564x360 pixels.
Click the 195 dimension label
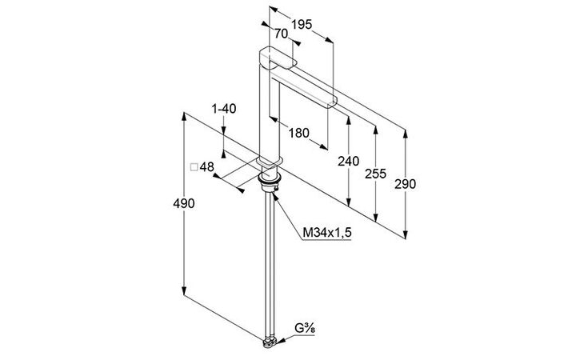point(302,25)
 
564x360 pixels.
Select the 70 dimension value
point(282,34)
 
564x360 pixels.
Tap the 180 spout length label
point(299,134)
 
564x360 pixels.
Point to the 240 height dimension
point(348,161)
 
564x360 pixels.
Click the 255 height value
point(375,174)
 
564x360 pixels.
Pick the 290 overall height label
point(405,184)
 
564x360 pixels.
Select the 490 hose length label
point(184,203)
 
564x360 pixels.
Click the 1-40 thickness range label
point(224,109)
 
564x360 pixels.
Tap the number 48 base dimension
point(207,167)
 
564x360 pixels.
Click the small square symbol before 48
point(194,167)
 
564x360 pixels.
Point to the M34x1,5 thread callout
point(326,233)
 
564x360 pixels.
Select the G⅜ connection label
point(305,329)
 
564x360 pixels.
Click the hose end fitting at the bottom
point(270,343)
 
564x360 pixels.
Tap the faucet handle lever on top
point(278,58)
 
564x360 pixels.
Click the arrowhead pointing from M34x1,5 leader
point(275,195)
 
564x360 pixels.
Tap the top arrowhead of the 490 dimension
point(184,117)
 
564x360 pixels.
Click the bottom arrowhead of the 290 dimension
point(406,234)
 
